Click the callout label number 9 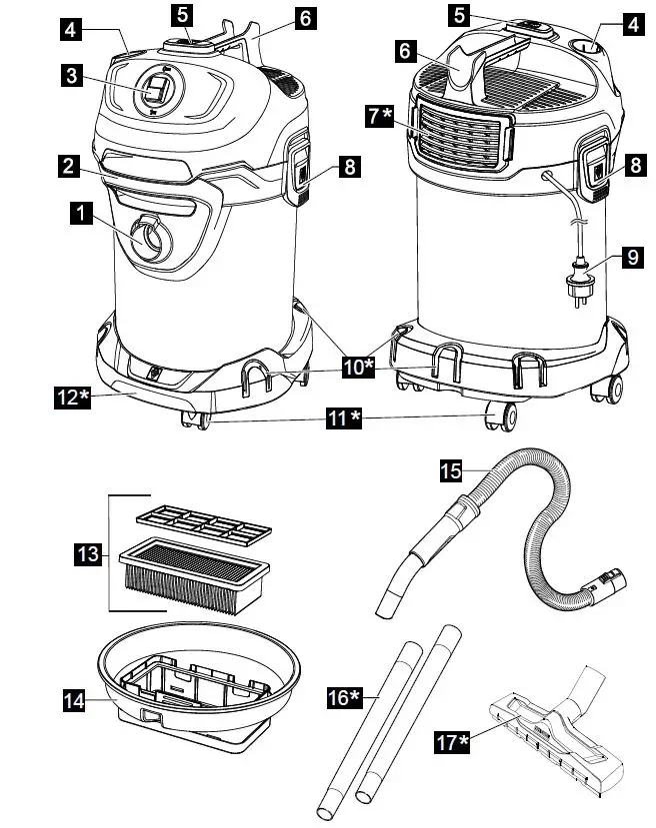tap(630, 258)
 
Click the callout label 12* tap(72, 399)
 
